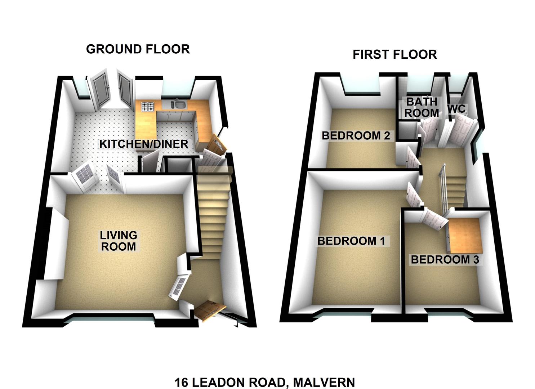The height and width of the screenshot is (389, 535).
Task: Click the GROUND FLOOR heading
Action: [x=138, y=49]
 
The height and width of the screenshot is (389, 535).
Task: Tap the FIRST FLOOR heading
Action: [x=395, y=54]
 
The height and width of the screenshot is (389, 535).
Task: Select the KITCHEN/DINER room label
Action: [x=143, y=144]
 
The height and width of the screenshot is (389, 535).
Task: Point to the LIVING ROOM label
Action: [x=119, y=241]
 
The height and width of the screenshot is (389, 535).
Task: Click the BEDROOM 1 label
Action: [x=351, y=241]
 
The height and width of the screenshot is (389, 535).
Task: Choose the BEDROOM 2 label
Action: [x=356, y=136]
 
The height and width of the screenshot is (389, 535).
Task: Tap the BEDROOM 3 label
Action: [x=445, y=260]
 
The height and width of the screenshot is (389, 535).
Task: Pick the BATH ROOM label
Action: [x=421, y=107]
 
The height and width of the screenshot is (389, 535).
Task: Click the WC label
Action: [x=456, y=109]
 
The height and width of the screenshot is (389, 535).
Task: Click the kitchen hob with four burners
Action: [x=148, y=107]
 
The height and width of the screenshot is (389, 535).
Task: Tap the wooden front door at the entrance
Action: [x=209, y=311]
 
